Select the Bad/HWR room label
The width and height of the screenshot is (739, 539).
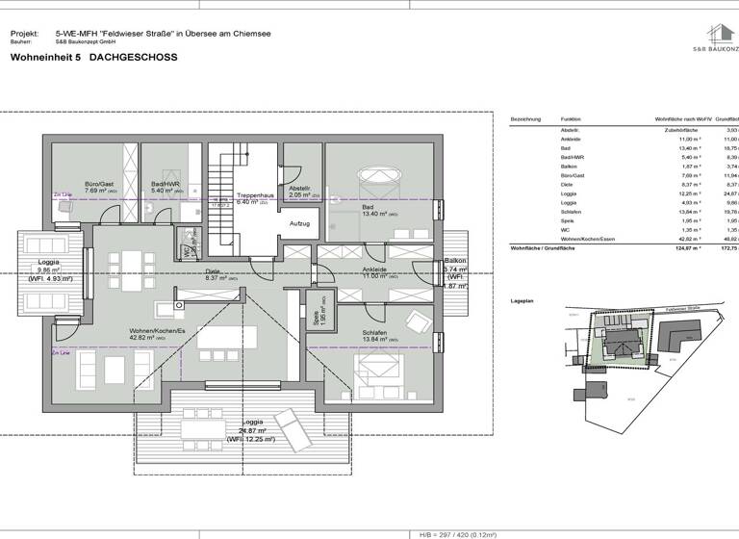click(166, 184)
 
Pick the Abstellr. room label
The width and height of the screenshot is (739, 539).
click(301, 189)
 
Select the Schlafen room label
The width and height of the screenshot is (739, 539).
click(374, 334)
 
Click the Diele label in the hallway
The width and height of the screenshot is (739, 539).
click(213, 271)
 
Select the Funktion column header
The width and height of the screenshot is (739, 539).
click(572, 118)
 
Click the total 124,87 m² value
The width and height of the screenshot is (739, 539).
click(684, 247)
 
